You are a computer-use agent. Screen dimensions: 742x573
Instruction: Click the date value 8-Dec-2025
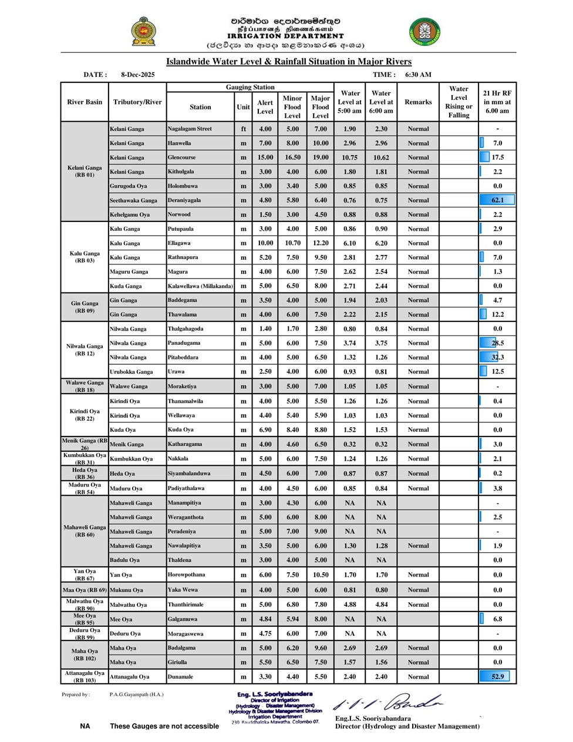138,75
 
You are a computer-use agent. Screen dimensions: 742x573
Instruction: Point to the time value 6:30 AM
418,75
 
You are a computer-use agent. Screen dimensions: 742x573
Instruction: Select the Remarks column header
418,102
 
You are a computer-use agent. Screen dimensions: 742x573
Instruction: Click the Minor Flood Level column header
292,107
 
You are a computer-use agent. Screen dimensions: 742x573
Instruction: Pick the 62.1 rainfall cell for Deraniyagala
497,200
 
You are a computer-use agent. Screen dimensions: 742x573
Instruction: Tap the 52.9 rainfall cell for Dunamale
497,677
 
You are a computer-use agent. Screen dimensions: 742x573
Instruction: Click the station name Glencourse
181,157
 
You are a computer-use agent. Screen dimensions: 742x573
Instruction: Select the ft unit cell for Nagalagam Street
243,129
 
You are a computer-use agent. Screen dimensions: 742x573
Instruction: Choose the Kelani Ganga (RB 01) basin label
85,171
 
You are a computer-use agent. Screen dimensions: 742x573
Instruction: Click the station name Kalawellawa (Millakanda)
200,286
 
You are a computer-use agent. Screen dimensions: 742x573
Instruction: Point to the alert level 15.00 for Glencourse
265,157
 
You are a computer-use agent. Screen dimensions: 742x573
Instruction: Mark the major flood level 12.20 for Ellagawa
320,243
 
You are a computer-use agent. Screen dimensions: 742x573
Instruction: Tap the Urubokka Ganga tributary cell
131,372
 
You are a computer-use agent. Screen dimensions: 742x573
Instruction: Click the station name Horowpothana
186,575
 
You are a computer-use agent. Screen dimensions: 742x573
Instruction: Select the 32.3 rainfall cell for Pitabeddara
497,357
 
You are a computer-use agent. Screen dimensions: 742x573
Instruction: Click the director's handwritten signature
387,703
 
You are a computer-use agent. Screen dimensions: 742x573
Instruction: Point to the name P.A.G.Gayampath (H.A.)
136,694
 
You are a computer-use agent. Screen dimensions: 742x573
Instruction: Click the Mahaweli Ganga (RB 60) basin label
85,531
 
